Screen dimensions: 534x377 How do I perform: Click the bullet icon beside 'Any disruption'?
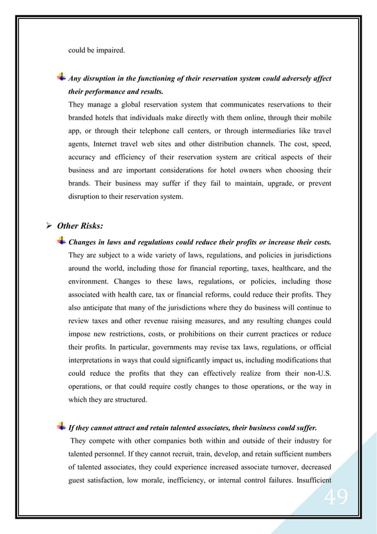[61, 78]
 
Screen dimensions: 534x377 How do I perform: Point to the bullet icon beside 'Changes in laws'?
[61, 242]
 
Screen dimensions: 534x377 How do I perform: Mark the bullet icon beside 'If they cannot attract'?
[61, 426]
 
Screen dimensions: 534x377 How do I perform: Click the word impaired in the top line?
[110, 50]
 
